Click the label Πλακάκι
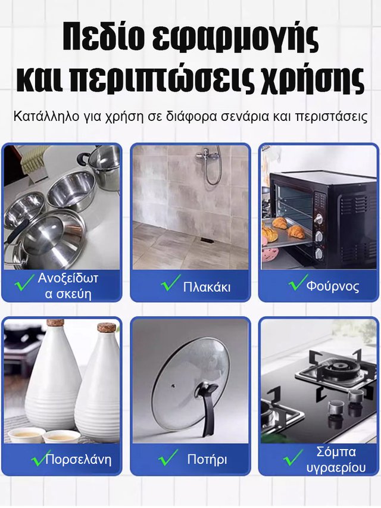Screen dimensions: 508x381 207,287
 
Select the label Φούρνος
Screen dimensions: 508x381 333,286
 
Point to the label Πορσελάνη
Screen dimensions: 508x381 79,460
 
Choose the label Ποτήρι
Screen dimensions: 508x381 207,459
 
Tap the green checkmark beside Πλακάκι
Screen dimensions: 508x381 171,284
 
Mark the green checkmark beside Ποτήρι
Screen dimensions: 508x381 168,457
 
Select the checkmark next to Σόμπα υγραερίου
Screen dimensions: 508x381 293,457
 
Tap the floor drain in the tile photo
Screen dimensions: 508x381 205,241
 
